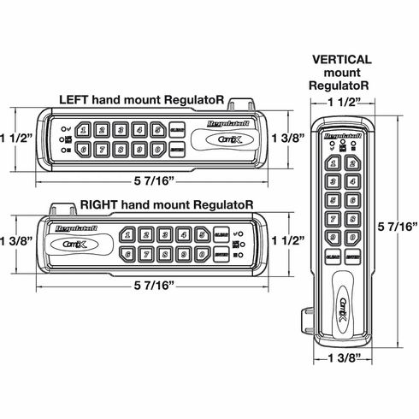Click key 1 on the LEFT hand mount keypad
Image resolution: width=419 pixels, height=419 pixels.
point(82,130)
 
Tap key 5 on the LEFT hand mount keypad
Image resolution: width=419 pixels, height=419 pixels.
point(157,130)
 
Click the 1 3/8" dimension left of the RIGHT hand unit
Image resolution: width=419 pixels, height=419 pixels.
point(15,241)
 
